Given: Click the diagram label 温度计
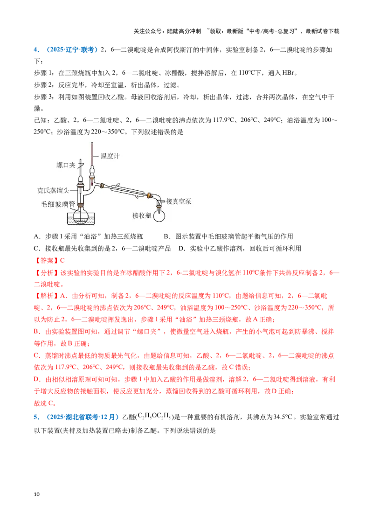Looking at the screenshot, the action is click(x=110, y=156).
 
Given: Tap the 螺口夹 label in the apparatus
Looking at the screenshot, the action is click(x=66, y=165).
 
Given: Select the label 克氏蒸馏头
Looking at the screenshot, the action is click(x=53, y=191).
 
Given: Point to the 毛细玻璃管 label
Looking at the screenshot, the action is click(x=58, y=204).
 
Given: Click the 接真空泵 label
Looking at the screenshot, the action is click(x=179, y=201).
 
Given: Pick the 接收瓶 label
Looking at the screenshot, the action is click(x=142, y=215).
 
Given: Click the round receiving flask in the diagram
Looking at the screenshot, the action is click(x=159, y=216).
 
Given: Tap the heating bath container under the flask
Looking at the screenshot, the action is click(x=81, y=219).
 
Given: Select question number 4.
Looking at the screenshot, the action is click(x=36, y=50).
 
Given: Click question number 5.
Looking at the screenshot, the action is click(x=36, y=417).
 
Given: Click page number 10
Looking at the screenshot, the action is click(x=37, y=494).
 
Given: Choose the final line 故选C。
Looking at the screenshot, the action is click(x=45, y=403).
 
